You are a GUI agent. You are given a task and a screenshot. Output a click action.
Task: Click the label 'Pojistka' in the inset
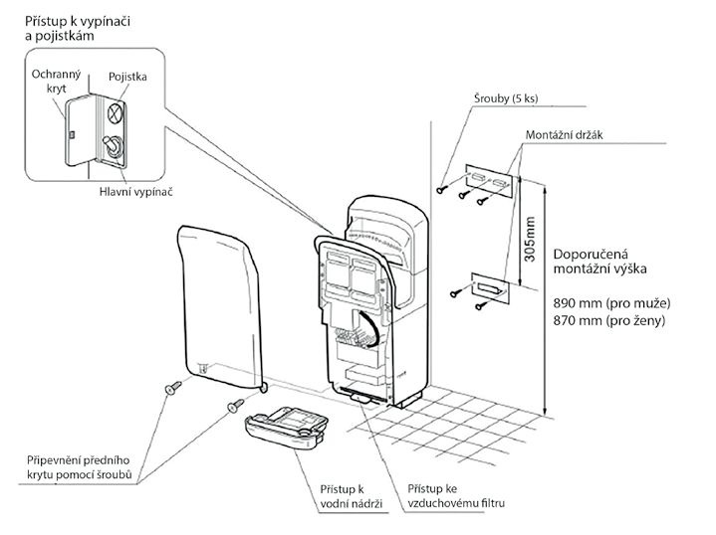(127, 77)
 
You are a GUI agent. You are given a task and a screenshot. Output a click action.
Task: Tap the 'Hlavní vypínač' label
(136, 192)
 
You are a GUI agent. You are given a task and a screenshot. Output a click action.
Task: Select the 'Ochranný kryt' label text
(56, 81)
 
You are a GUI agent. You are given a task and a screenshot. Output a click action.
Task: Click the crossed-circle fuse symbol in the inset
(116, 112)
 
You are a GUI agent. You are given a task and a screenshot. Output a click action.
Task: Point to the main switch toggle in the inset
(114, 147)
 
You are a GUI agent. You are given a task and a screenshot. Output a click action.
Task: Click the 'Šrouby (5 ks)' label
(506, 98)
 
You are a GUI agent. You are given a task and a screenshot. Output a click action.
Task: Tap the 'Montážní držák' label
(565, 135)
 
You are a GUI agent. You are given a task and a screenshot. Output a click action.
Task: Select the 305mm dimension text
(529, 239)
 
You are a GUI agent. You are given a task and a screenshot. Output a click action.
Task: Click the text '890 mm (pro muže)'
(611, 303)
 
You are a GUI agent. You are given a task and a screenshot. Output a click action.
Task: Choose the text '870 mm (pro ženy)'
(609, 320)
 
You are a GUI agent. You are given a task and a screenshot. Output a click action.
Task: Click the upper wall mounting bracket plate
(490, 181)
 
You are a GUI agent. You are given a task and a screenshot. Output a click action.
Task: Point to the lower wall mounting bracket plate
(491, 288)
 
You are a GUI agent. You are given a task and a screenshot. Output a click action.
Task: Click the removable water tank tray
(287, 428)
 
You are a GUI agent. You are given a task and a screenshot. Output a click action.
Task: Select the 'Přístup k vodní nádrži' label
(351, 496)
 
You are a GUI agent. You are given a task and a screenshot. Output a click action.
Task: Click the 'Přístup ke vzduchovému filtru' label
(456, 496)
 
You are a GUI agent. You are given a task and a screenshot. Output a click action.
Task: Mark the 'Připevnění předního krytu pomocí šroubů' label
(79, 467)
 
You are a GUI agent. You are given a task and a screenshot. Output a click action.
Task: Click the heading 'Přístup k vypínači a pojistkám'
(78, 28)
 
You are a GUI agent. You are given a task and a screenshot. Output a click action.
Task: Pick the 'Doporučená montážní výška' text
(600, 262)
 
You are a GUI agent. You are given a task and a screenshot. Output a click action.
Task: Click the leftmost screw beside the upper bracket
(441, 189)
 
